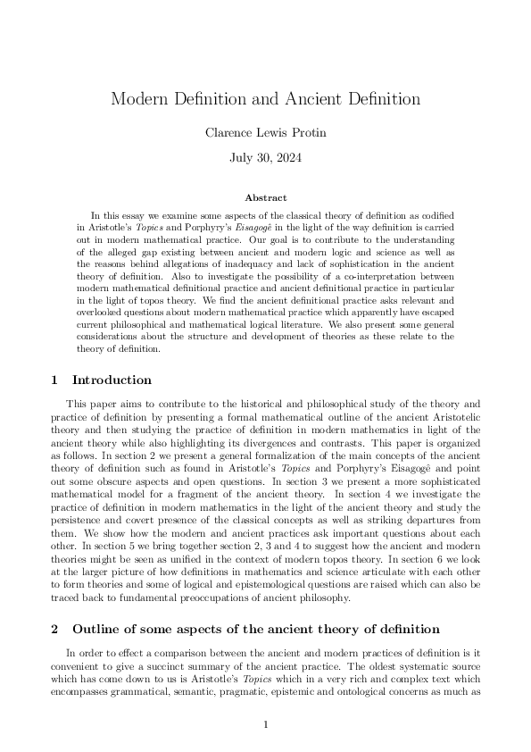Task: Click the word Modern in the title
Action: tap(137, 99)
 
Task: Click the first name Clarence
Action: tap(229, 133)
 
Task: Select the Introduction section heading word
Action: tap(112, 380)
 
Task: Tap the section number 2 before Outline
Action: tap(54, 630)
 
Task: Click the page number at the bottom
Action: tap(265, 724)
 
